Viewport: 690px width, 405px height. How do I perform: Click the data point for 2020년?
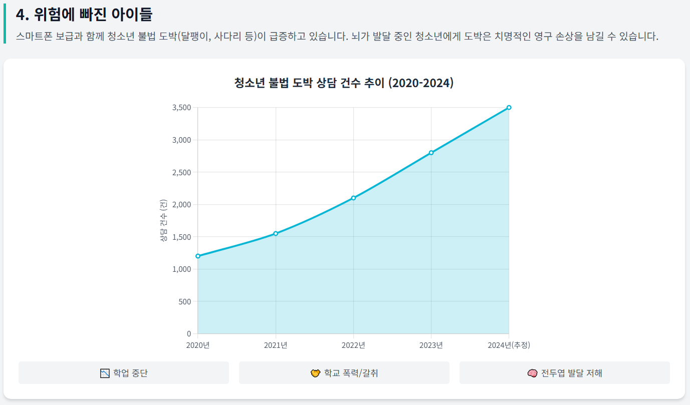click(x=198, y=256)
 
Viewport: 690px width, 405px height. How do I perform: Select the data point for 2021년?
click(x=276, y=233)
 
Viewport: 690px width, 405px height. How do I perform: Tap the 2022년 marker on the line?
click(x=353, y=198)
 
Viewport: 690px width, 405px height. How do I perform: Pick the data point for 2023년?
click(x=431, y=153)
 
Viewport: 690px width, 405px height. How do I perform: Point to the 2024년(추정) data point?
click(x=509, y=108)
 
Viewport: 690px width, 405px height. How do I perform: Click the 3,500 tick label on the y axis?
click(x=181, y=108)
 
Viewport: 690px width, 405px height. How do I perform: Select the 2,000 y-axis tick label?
click(x=181, y=204)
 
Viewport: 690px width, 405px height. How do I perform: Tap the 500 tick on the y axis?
click(x=185, y=301)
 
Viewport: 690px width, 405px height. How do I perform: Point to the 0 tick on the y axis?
click(x=188, y=333)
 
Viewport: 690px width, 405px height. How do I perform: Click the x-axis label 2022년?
click(x=353, y=345)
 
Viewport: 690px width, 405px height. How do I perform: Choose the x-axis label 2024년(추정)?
click(x=509, y=345)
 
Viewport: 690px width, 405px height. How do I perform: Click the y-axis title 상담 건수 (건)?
click(x=163, y=221)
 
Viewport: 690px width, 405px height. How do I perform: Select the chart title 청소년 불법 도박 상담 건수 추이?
click(x=344, y=83)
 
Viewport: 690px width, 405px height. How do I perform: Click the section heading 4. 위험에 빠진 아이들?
click(x=84, y=15)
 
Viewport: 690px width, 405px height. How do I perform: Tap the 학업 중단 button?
click(x=124, y=373)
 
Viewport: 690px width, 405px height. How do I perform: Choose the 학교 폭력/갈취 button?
click(x=344, y=373)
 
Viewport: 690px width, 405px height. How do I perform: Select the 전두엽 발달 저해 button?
click(x=565, y=373)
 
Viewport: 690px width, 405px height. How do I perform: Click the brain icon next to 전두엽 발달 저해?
click(x=533, y=373)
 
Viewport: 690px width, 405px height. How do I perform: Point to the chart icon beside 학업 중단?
click(x=105, y=373)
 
